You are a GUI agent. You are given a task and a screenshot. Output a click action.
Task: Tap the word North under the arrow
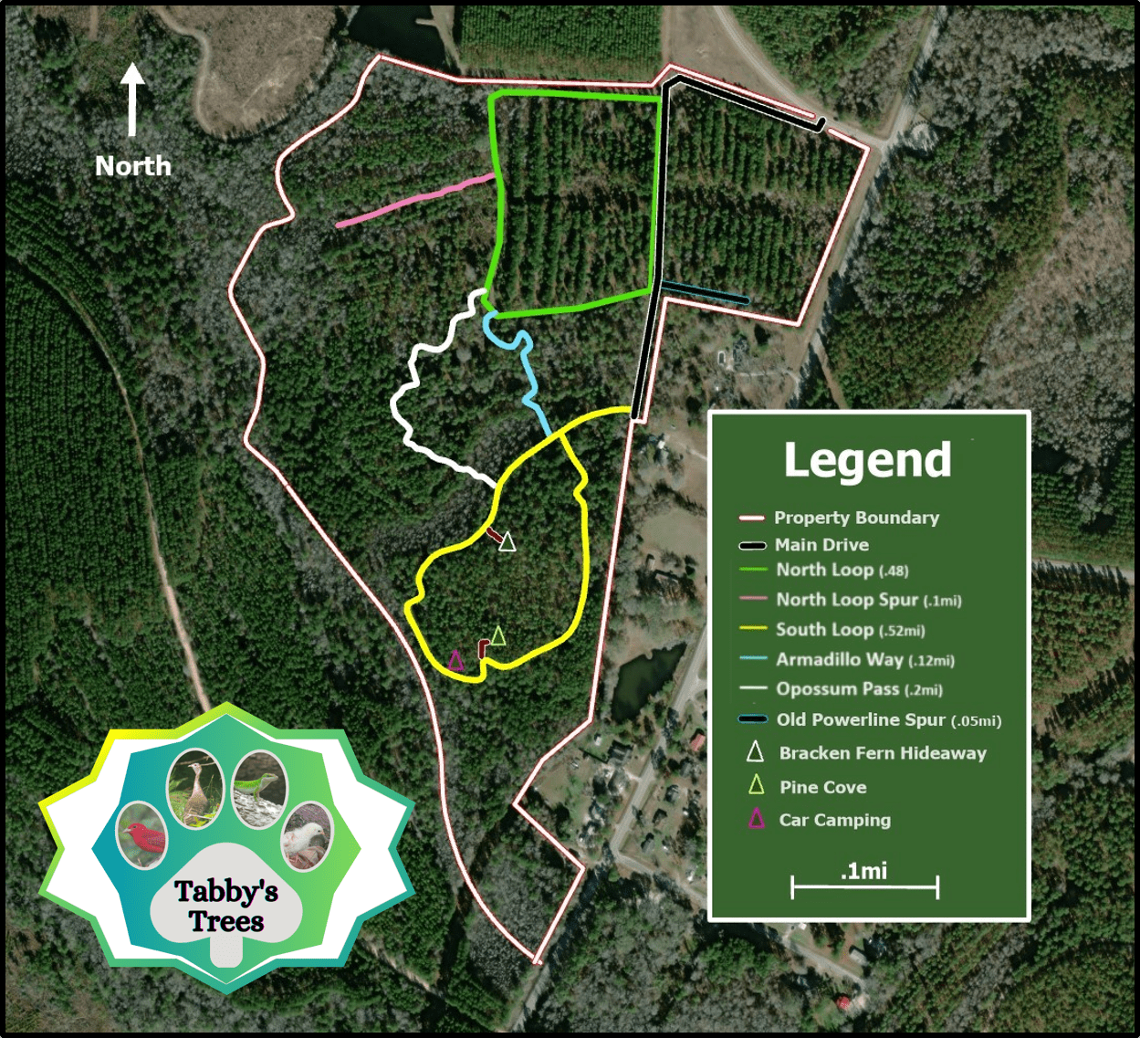pyautogui.click(x=133, y=166)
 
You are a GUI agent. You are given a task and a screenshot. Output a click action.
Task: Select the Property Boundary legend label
pyautogui.click(x=856, y=518)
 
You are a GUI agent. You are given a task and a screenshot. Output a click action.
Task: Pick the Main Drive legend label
pyautogui.click(x=821, y=545)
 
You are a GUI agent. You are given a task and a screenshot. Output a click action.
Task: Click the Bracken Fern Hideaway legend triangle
pyautogui.click(x=755, y=752)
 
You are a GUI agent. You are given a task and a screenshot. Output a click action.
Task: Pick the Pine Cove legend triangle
pyautogui.click(x=756, y=785)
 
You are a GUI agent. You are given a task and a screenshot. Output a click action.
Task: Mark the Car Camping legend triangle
pyautogui.click(x=756, y=819)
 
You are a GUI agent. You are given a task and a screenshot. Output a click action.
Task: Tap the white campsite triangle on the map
pyautogui.click(x=507, y=542)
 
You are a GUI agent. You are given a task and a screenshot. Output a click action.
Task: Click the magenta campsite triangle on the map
pyautogui.click(x=456, y=659)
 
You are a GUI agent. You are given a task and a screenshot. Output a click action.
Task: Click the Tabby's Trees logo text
pyautogui.click(x=226, y=906)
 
